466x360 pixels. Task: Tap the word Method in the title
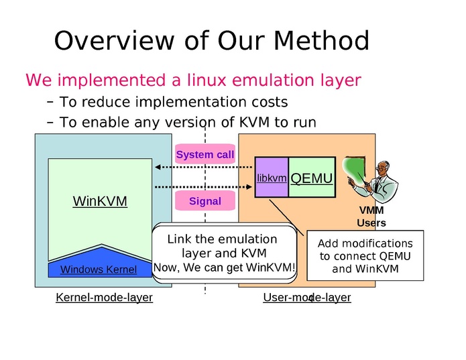click(322, 41)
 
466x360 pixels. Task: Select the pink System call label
click(205, 155)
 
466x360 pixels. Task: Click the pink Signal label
click(205, 200)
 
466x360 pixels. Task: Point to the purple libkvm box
click(272, 178)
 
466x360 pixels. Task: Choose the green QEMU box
click(311, 178)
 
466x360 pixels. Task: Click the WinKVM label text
click(100, 201)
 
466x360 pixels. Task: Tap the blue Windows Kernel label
click(99, 269)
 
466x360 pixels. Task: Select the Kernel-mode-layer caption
click(104, 297)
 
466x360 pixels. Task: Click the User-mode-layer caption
click(307, 297)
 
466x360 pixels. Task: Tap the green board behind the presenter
click(354, 171)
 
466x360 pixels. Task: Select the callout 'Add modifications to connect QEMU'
click(365, 256)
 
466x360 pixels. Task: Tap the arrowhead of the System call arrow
click(157, 167)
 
